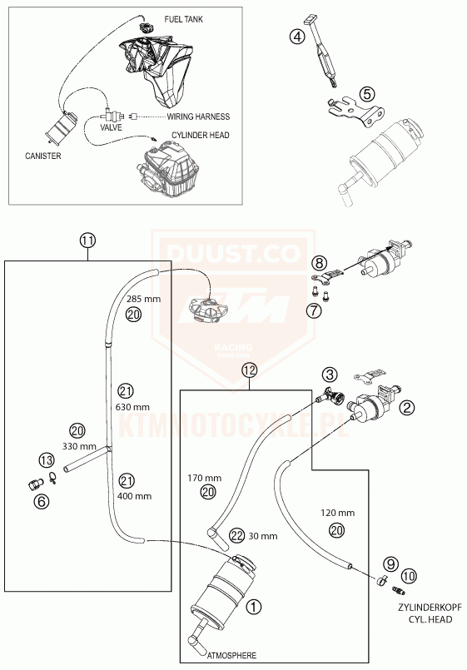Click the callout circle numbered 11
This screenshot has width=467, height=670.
(87, 241)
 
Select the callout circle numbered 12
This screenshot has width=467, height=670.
(249, 370)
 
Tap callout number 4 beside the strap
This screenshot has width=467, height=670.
(297, 37)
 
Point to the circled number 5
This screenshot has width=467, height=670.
(367, 92)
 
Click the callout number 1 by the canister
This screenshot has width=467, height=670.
(254, 607)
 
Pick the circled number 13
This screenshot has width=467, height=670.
(47, 460)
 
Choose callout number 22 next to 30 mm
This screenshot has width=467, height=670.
(236, 535)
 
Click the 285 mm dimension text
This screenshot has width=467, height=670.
(143, 299)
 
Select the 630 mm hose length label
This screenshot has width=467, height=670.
(132, 407)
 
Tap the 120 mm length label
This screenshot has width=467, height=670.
(337, 513)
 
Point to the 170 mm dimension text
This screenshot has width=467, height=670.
(205, 478)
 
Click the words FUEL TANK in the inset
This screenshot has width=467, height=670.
(184, 19)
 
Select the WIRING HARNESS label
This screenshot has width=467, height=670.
(198, 117)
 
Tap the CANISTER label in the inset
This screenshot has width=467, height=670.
(43, 156)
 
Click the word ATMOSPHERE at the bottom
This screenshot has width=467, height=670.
(232, 655)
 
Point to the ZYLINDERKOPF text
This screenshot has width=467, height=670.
(430, 608)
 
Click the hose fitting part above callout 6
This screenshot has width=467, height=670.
(36, 484)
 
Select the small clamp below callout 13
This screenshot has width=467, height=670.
(53, 478)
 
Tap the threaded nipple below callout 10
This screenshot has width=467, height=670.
(398, 591)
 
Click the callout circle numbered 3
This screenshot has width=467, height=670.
(330, 375)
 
